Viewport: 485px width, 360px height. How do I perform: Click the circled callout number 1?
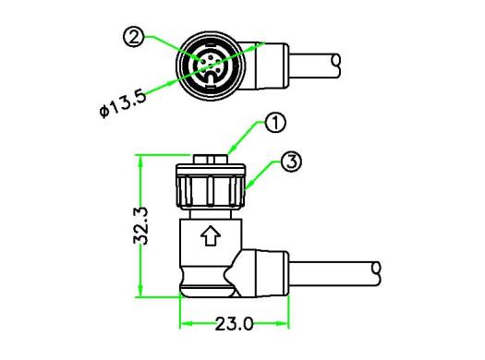pos(275,123)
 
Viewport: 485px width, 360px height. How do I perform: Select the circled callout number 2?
pos(133,37)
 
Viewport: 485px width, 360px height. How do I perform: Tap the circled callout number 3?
pos(291,162)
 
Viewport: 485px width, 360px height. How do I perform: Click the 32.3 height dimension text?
pos(140,226)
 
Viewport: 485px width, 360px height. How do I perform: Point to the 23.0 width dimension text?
pos(234,324)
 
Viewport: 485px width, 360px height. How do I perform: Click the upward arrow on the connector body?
pos(211,235)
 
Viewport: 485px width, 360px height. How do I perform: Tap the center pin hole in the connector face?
pos(211,65)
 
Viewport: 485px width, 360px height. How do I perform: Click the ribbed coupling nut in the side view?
pos(211,190)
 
